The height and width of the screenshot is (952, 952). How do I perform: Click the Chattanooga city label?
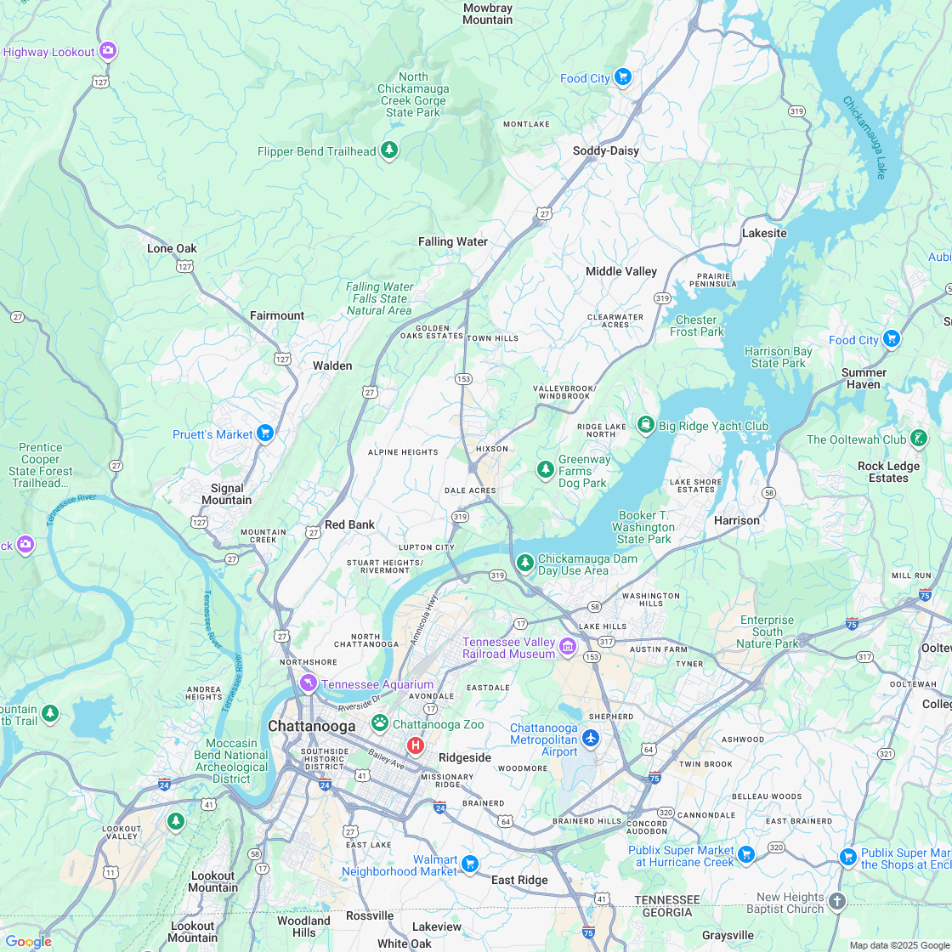[311, 726]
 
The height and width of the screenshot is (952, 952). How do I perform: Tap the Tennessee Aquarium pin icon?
[308, 683]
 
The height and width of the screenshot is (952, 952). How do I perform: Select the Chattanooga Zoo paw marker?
[380, 723]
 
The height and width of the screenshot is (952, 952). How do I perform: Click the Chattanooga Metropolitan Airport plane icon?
[592, 738]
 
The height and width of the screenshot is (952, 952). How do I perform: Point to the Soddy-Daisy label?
[605, 150]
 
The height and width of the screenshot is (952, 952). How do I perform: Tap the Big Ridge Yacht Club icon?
[646, 425]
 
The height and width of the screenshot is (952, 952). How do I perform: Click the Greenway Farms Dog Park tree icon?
[545, 469]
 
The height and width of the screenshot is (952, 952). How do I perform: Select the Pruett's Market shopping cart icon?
[265, 433]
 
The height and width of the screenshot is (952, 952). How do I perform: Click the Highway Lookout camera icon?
[108, 51]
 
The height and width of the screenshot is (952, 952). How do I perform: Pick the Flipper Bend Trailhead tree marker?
[389, 150]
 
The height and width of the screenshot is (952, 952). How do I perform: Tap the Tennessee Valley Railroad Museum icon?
[568, 648]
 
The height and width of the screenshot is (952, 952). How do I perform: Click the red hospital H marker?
[415, 745]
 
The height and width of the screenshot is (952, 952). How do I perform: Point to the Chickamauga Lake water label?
[864, 136]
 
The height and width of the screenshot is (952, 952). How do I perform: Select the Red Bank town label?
[349, 524]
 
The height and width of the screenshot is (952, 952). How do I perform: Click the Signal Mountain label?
[227, 494]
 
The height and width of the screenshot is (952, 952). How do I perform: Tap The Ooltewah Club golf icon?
[919, 439]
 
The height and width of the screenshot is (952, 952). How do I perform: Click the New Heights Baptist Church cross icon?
[837, 902]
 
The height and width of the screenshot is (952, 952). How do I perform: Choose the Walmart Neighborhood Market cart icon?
[470, 864]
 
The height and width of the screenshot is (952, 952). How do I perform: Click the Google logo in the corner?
[27, 941]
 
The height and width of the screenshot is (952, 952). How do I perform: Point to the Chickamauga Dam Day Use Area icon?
[525, 563]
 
